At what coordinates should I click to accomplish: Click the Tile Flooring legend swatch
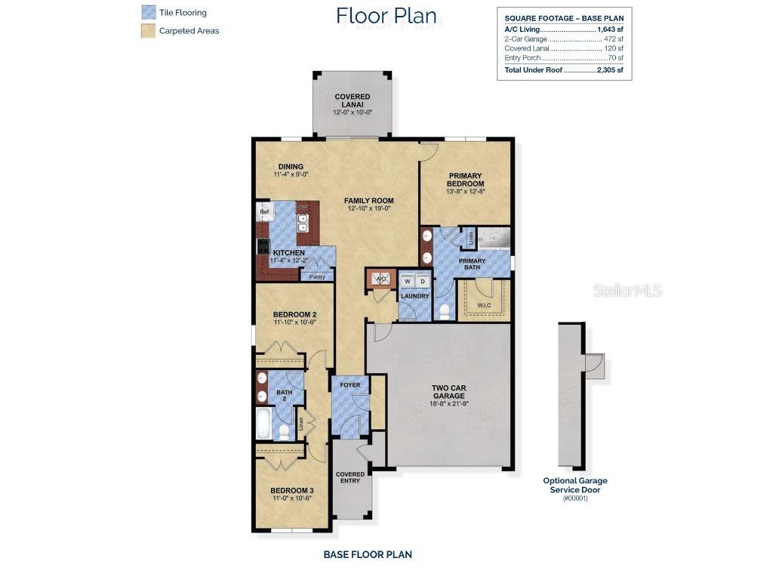pos(148,13)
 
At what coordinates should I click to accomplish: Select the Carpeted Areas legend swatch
pos(148,31)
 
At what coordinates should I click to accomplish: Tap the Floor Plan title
pos(386,15)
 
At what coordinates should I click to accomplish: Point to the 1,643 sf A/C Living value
pos(610,29)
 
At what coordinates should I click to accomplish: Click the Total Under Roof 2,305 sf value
pos(609,70)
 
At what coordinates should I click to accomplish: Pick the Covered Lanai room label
pos(353,97)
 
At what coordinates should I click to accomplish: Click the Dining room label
pos(291,167)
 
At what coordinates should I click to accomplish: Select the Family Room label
pos(369,201)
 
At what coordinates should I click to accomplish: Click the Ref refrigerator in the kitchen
pos(264,212)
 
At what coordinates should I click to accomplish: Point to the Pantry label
pos(317,276)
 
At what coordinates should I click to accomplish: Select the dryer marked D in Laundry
pos(423,281)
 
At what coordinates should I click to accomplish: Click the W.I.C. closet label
pos(483,306)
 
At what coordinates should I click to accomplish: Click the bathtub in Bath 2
pos(263,424)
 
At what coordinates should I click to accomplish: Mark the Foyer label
pos(350,385)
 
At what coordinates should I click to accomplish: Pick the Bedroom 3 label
pos(292,490)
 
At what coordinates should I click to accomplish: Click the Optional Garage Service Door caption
pos(574,485)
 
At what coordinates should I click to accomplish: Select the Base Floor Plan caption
pos(368,554)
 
